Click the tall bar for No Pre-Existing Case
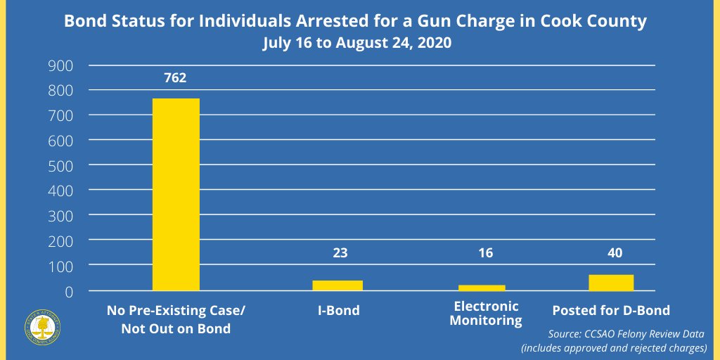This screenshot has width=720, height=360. pos(176,194)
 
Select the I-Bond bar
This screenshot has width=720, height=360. pos(337,285)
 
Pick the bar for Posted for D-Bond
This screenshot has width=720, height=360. pos(611,283)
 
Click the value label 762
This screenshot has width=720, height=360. pos(175,78)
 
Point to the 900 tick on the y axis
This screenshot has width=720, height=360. pos(60,65)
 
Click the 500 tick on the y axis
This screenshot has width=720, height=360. pos(60,165)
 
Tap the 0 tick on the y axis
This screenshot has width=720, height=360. pos(69,291)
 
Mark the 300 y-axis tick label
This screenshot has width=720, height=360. pos(60,216)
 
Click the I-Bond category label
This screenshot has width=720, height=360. pos(337,310)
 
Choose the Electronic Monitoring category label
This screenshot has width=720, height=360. pos(486,314)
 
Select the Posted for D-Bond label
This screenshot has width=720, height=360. pos(611,310)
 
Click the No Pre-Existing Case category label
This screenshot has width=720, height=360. pos(176,319)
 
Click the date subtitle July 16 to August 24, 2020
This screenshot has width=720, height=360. pos(356,42)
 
